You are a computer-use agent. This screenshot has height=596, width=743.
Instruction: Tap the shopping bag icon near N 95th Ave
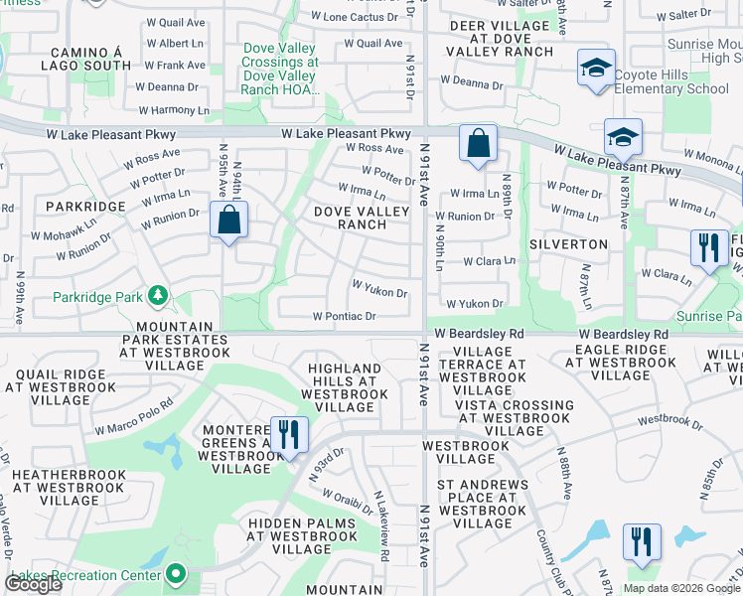tap(228, 220)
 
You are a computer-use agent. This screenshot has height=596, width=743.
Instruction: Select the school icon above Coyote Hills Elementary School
tap(595, 68)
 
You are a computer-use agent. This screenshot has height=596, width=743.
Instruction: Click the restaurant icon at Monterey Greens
tap(288, 435)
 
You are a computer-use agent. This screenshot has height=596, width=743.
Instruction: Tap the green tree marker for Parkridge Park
tap(157, 295)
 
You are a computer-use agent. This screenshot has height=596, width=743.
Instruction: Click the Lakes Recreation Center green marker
tap(176, 573)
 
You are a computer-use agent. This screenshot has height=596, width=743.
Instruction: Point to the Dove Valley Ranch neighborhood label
tap(362, 218)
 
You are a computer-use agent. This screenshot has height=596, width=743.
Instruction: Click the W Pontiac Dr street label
tap(345, 317)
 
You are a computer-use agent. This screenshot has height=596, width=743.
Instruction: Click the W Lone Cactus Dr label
tap(361, 17)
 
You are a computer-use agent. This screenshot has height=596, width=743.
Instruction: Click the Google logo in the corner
tap(34, 584)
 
